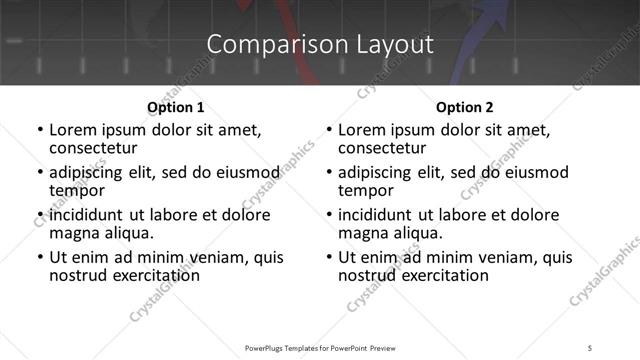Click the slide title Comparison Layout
coord(320,44)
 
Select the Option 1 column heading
coord(175,107)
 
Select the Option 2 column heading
coord(464,107)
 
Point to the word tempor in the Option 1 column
coord(77,189)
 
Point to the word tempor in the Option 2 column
coord(366,189)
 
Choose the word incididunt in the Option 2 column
coord(376,215)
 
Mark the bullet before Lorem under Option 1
coord(39,130)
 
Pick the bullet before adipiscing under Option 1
coord(39,173)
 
